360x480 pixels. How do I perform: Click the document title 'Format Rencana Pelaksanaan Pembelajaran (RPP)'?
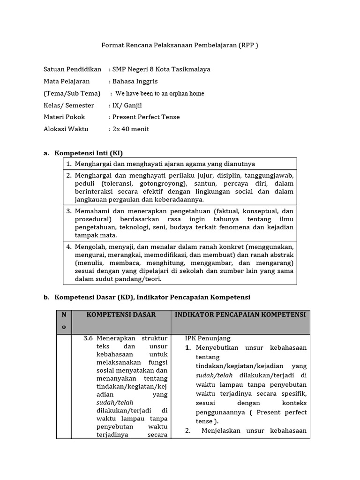[x=180, y=45]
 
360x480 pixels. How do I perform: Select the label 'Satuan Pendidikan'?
[x=72, y=69]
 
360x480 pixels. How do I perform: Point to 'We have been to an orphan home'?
[x=159, y=93]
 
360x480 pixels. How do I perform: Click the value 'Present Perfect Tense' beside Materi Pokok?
[x=145, y=117]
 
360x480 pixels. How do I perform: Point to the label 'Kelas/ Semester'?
[x=68, y=105]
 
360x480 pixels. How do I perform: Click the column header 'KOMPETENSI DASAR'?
[x=121, y=315]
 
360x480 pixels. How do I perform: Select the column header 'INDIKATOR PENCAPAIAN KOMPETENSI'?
[x=240, y=315]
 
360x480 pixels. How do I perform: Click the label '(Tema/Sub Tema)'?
[x=72, y=93]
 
